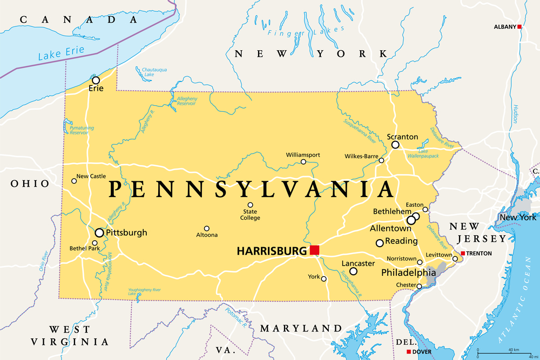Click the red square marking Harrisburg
[x=314, y=250]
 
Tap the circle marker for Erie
[x=96, y=80]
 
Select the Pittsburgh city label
[x=126, y=233]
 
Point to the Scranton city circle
[x=395, y=145]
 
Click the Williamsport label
[x=303, y=155]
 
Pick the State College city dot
[x=251, y=205]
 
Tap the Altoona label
[x=207, y=235]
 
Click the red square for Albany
[x=519, y=26]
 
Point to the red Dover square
[x=408, y=352]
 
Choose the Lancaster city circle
[x=353, y=271]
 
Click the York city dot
[x=324, y=279]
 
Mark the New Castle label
[x=91, y=176]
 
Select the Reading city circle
[x=380, y=243]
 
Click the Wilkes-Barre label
[x=361, y=156]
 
